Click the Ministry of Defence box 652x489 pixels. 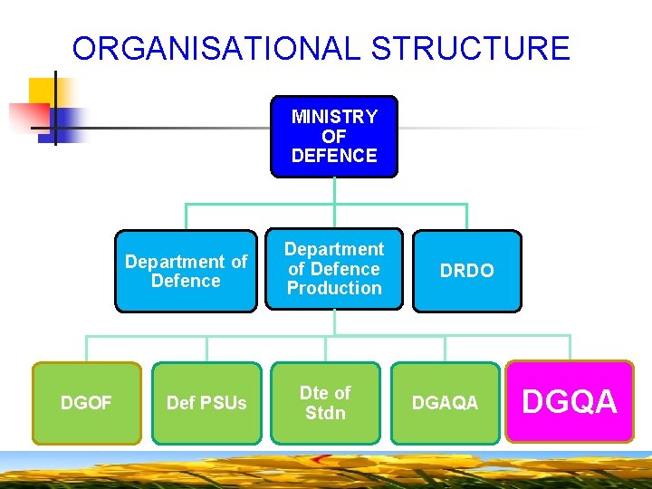[334, 136]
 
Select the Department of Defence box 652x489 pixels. [186, 271]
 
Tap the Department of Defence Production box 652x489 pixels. [334, 268]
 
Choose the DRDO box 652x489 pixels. [466, 271]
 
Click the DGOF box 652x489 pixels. [86, 403]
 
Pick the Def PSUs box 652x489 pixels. [206, 403]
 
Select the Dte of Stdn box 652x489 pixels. [325, 403]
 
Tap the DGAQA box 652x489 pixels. [445, 403]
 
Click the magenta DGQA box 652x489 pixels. [570, 401]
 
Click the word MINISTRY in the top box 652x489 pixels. [334, 117]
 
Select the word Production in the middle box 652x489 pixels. [334, 288]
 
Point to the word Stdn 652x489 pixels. [325, 414]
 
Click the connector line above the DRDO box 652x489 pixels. [466, 216]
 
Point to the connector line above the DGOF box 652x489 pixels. [86, 349]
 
